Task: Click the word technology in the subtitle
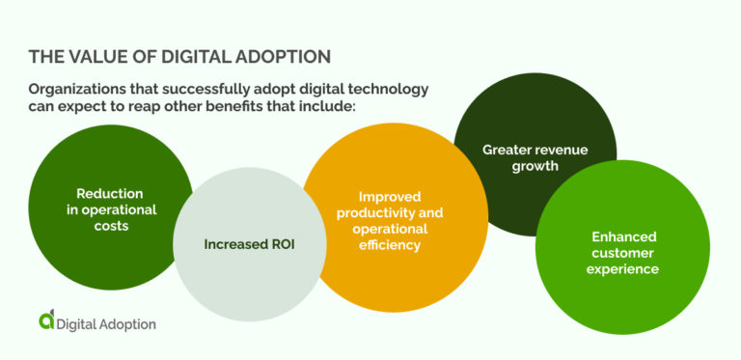(386, 89)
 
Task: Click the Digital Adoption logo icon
(46, 321)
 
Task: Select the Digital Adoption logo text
(107, 324)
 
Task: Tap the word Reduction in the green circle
(110, 194)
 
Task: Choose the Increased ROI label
(249, 244)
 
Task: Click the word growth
(535, 165)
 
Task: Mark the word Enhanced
(623, 236)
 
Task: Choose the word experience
(623, 268)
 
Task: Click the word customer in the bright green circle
(623, 252)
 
